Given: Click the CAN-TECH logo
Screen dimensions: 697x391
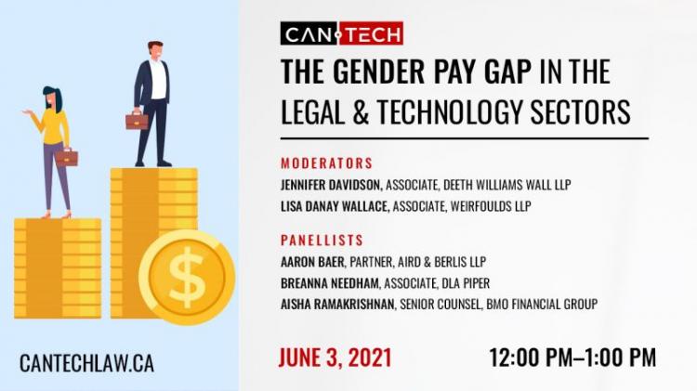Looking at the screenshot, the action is pos(342,33).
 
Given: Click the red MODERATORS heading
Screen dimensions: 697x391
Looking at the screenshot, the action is pos(327,163).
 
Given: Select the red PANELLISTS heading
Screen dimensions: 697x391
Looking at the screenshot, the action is pos(322,241).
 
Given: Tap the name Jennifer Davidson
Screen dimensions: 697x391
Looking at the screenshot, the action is pos(332,185).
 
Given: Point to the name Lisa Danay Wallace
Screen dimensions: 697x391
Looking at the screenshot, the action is pos(335,206).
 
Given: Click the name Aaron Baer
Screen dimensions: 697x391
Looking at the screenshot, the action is pos(312,262).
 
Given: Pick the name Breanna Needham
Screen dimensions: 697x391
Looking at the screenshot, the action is pos(330,283).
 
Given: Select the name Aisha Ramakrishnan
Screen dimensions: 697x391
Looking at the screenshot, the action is pos(338,305).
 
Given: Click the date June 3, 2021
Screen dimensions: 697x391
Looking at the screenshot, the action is pos(335,358).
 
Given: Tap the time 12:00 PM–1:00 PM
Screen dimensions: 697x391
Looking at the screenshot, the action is pos(572,358).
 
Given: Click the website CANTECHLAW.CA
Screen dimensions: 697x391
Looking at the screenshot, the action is pos(86,363).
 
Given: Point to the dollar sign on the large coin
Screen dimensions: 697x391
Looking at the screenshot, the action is pos(187,278).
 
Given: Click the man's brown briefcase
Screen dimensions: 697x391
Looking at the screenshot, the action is pos(137,121).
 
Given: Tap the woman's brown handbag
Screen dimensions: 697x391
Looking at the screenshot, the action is pos(67,157).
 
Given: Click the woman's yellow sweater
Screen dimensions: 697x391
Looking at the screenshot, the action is pos(54,126).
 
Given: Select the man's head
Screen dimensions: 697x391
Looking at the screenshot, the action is pos(155,50).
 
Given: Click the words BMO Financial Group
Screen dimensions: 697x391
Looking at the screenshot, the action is pos(542,305).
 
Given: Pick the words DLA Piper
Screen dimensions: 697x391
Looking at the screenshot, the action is pos(466,283).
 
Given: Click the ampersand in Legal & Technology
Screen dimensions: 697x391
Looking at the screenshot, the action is pos(362,111).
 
